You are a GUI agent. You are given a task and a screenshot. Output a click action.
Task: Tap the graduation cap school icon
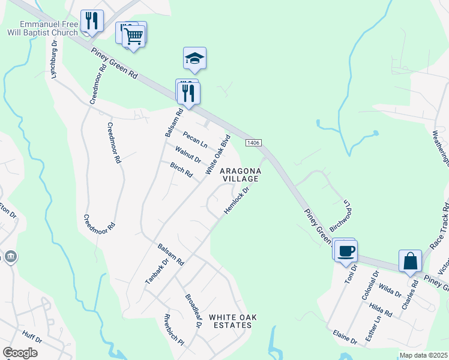pyautogui.click(x=194, y=58)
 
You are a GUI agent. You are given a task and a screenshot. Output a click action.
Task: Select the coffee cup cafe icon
pyautogui.click(x=346, y=250)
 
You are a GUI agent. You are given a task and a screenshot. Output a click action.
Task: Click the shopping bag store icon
pyautogui.click(x=411, y=261)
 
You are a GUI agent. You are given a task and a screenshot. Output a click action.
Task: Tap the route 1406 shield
pyautogui.click(x=252, y=142)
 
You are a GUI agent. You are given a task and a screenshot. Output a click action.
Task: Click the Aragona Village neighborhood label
pyautogui.click(x=239, y=175)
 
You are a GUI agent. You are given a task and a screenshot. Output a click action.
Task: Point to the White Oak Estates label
pyautogui.click(x=230, y=320)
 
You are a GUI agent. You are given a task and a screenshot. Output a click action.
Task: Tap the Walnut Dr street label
pyautogui.click(x=188, y=155)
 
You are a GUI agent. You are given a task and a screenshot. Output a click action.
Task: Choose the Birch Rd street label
pyautogui.click(x=181, y=170)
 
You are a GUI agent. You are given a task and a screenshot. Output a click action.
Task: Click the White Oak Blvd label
pyautogui.click(x=218, y=154)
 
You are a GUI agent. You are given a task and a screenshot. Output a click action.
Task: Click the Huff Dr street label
pyautogui.click(x=32, y=339)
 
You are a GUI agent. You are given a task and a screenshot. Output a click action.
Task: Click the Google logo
pyautogui.click(x=20, y=353)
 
